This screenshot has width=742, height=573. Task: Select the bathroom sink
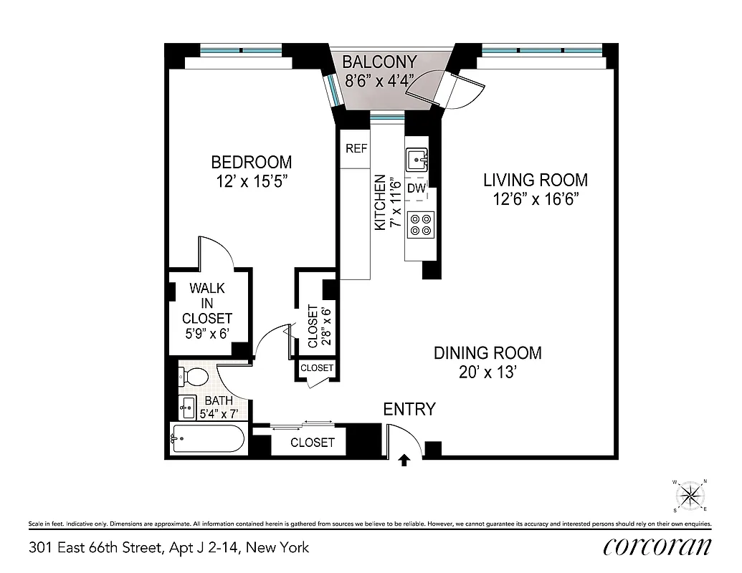point(188,407)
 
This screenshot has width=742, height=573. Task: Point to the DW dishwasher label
point(417,189)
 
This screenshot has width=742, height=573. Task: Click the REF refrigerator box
point(356,149)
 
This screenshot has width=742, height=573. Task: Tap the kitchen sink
point(417,158)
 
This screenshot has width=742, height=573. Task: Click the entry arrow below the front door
point(404,460)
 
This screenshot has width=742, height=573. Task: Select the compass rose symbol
point(690,495)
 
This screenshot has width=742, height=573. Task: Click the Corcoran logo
point(657,547)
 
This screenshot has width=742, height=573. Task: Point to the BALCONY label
point(378,62)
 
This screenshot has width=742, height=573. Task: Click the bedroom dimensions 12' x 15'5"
point(251,181)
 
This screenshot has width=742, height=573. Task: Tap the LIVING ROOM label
point(535,180)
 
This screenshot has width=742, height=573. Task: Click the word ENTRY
point(409,410)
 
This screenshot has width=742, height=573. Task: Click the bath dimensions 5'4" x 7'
point(218,413)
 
